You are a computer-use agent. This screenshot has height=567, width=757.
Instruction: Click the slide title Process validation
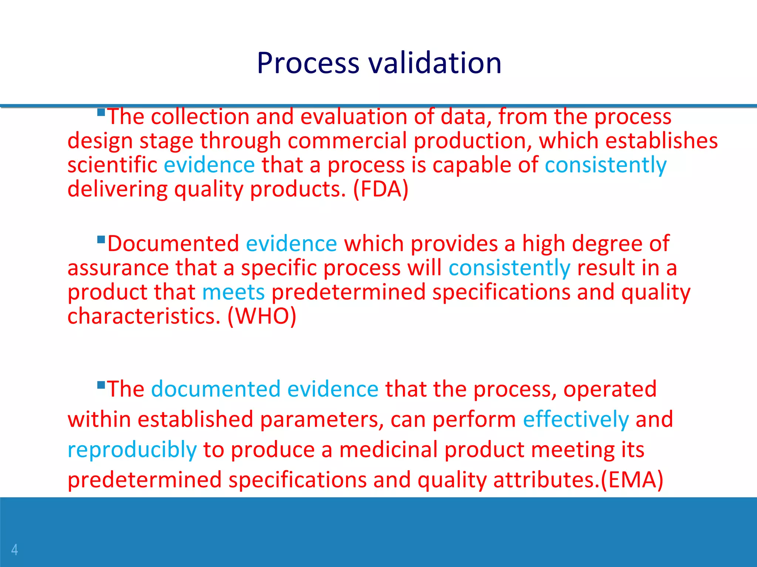pyautogui.click(x=379, y=63)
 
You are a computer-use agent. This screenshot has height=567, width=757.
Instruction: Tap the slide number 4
pyautogui.click(x=14, y=550)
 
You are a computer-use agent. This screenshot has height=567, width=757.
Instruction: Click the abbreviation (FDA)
pyautogui.click(x=381, y=189)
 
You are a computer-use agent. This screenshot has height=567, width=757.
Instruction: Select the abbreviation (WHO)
pyautogui.click(x=262, y=316)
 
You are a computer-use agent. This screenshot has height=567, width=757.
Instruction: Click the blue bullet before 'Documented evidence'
pyautogui.click(x=101, y=240)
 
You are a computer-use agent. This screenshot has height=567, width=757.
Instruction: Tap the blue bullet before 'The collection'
pyautogui.click(x=101, y=112)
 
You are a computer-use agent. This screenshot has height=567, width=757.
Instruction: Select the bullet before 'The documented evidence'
pyautogui.click(x=101, y=385)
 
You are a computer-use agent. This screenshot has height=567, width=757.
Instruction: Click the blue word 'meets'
pyautogui.click(x=233, y=292)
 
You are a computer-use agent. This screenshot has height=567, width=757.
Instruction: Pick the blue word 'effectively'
pyautogui.click(x=576, y=420)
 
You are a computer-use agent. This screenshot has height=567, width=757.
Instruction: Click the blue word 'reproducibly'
pyautogui.click(x=132, y=450)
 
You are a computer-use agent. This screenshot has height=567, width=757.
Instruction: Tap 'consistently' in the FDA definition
pyautogui.click(x=605, y=165)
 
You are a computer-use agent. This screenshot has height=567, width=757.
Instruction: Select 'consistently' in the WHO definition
pyautogui.click(x=509, y=268)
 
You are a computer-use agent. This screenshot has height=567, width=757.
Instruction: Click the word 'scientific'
pyautogui.click(x=112, y=165)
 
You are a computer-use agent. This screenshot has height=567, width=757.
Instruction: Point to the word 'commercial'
pyautogui.click(x=347, y=141)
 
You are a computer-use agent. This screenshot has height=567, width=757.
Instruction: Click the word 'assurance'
pyautogui.click(x=118, y=268)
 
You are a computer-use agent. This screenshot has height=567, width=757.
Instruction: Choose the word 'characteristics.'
pyautogui.click(x=144, y=316)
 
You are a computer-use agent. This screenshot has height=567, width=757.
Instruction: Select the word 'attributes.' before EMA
pyautogui.click(x=546, y=480)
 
